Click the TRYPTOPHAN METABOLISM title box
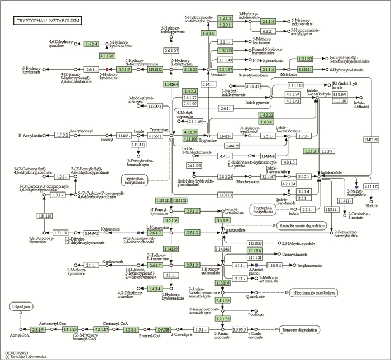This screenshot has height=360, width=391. pyautogui.click(x=47, y=21)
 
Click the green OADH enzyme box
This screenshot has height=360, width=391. pyautogui.click(x=163, y=329)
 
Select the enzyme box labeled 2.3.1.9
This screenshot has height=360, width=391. pyautogui.click(x=39, y=329)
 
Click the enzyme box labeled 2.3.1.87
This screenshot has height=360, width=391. pyautogui.click(x=225, y=69)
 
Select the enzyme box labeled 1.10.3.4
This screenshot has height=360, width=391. pyautogui.click(x=274, y=265)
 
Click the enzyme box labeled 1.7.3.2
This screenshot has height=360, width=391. pyautogui.click(x=62, y=135)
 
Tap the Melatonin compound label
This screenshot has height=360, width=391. pyautogui.click(x=288, y=74)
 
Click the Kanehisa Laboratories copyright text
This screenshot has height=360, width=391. pyautogui.click(x=25, y=357)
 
